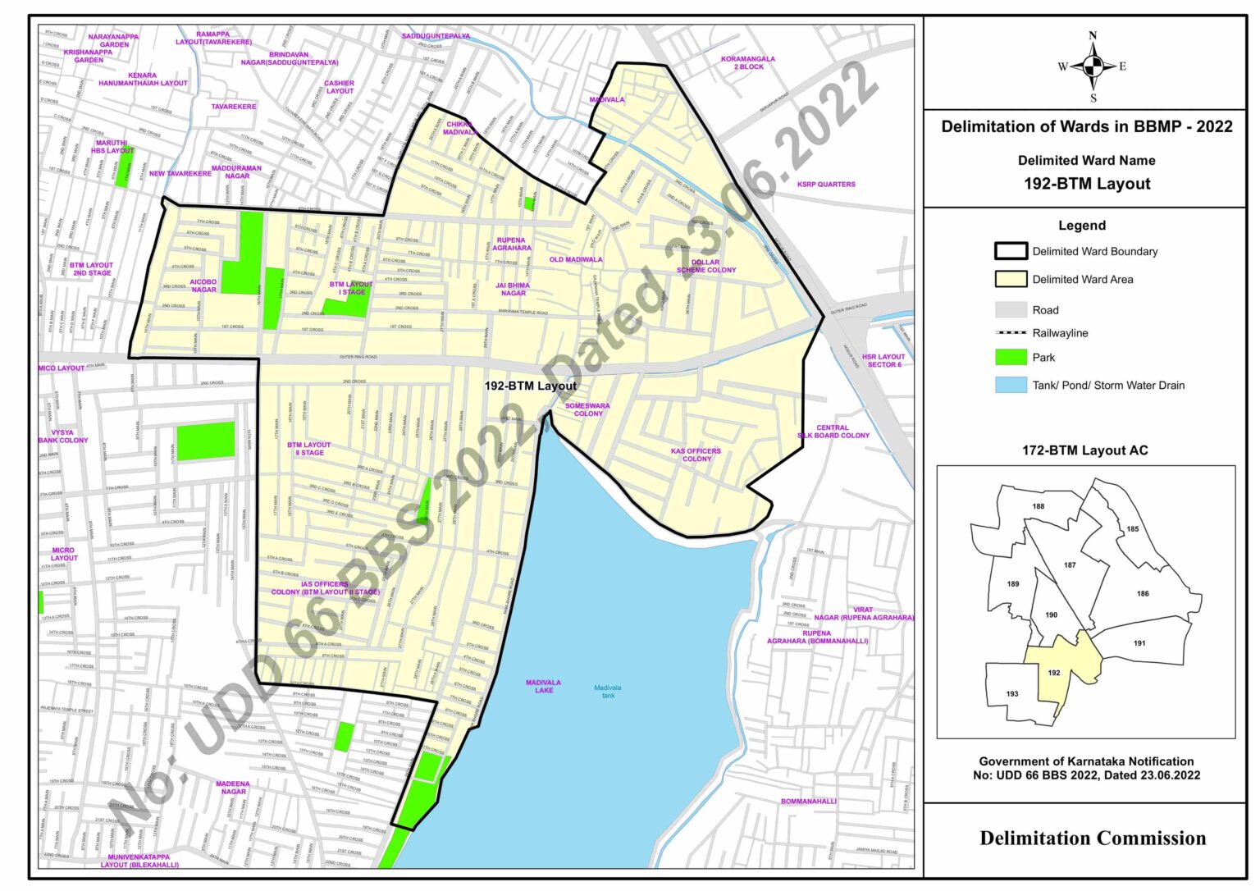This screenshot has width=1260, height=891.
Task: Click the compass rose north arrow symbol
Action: pos(1092,66)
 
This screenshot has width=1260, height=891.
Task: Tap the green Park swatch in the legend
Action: pos(1011,358)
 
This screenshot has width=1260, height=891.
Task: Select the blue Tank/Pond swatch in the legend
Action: pos(1011,386)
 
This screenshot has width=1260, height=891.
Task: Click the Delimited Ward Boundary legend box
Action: pos(1011,252)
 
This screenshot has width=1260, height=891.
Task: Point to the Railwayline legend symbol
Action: pos(1011,333)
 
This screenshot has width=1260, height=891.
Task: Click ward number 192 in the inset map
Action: pos(1054,673)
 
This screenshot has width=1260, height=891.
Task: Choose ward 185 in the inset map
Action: pos(1133,529)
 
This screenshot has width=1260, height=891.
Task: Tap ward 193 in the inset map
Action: pos(1012,694)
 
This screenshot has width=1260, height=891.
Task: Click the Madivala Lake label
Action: pos(544,687)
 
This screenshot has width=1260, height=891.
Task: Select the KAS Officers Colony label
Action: pos(696,455)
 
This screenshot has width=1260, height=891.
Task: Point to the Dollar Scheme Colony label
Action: pos(705,267)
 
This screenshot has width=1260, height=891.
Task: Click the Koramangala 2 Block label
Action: pos(747,63)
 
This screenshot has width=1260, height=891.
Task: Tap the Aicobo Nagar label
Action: pos(203,286)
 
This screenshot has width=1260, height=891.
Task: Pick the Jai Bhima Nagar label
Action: pos(513,290)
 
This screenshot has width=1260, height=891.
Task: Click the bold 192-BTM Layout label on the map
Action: pos(530,386)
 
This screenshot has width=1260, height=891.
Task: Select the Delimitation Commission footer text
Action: pos(1093,838)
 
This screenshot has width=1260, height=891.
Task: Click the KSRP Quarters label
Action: pos(825,185)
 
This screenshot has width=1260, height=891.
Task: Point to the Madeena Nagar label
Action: pos(233,788)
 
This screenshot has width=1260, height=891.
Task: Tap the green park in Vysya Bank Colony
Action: pos(206,441)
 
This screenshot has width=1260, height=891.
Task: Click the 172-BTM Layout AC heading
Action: pos(1084,450)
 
